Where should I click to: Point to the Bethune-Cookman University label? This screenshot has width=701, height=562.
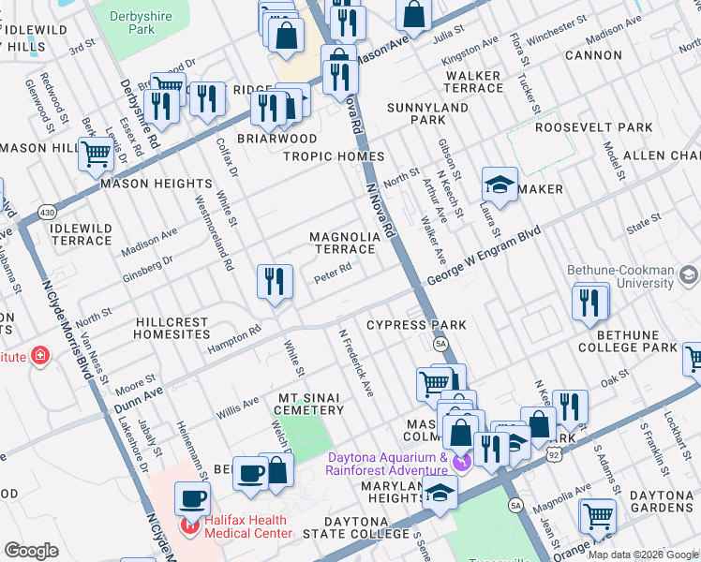(x=634, y=275)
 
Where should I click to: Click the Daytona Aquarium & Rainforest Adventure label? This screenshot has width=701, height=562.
(x=387, y=464)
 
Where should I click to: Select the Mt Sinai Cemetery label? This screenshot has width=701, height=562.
(x=310, y=404)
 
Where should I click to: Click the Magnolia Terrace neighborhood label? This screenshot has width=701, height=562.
(x=344, y=244)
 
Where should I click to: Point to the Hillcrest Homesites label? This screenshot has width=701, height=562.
(x=172, y=328)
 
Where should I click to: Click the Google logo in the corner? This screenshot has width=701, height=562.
(x=31, y=551)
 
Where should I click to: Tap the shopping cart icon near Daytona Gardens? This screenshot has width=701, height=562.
(x=597, y=514)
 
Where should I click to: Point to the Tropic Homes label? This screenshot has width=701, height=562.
(x=334, y=156)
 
